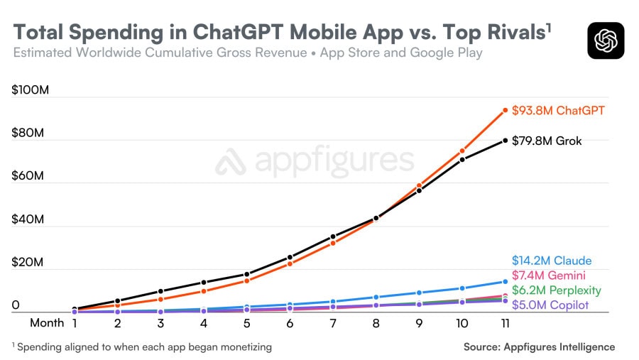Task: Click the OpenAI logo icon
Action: [x=606, y=40]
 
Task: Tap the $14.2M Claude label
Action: [x=551, y=261]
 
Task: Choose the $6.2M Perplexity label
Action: [x=556, y=290]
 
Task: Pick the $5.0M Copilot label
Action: [x=550, y=305]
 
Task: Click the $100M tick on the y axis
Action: [x=28, y=90]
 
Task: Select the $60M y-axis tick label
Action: [x=28, y=176]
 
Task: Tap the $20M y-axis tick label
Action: [x=28, y=262]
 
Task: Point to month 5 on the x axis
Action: [x=246, y=323]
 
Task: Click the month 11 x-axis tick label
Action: [x=505, y=323]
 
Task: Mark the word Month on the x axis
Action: [x=47, y=323]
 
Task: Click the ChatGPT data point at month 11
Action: [x=506, y=110]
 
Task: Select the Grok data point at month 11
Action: [x=506, y=141]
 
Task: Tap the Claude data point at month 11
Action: [x=506, y=282]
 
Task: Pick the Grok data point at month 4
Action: [x=204, y=283]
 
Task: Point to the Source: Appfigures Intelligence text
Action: [x=539, y=347]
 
